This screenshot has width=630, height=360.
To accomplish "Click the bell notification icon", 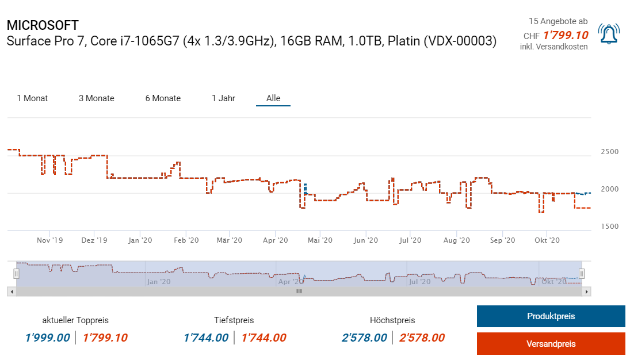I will click(x=609, y=34).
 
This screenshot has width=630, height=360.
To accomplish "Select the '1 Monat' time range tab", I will click(x=32, y=98).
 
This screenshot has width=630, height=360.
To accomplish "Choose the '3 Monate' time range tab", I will click(x=97, y=98).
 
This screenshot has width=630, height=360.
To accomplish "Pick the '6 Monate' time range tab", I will click(x=163, y=98).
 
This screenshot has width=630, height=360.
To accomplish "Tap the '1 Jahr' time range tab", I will click(x=223, y=98).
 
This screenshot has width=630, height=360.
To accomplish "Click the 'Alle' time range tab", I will click(x=273, y=98).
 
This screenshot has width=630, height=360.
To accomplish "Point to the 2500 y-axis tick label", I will click(x=609, y=152).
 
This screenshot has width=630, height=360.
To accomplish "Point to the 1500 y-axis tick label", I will click(x=609, y=227).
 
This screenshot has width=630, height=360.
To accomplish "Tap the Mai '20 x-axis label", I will click(x=320, y=240).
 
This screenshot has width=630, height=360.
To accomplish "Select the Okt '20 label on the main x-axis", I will click(x=547, y=240).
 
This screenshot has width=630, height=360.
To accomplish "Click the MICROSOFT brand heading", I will click(x=43, y=25).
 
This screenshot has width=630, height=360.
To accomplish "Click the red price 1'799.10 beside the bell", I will click(x=566, y=36).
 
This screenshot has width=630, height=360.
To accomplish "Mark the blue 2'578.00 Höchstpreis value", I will click(x=364, y=338).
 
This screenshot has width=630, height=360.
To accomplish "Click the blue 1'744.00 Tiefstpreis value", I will click(x=206, y=338).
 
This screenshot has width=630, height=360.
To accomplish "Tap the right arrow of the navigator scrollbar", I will click(x=587, y=292).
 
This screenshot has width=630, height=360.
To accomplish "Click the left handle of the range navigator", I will click(x=17, y=274).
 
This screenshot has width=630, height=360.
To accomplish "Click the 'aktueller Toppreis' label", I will click(x=75, y=320).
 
